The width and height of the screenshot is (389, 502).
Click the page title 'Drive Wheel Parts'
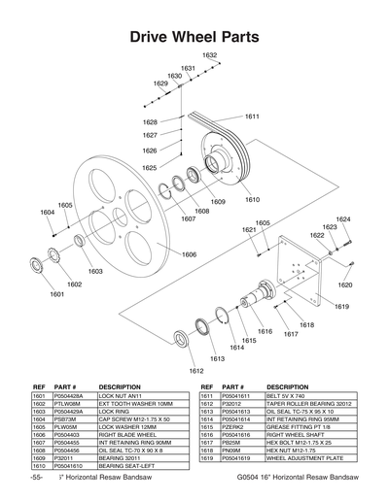click(194, 37)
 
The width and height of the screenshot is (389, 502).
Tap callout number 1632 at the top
click(209, 55)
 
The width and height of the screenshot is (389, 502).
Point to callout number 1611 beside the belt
click(252, 117)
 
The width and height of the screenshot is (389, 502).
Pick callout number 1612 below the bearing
click(195, 370)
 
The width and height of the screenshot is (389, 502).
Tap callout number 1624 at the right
click(342, 219)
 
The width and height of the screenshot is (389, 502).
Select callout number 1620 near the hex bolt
click(344, 285)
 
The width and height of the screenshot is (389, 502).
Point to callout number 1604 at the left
click(47, 213)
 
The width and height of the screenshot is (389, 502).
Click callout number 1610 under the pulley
click(252, 200)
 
